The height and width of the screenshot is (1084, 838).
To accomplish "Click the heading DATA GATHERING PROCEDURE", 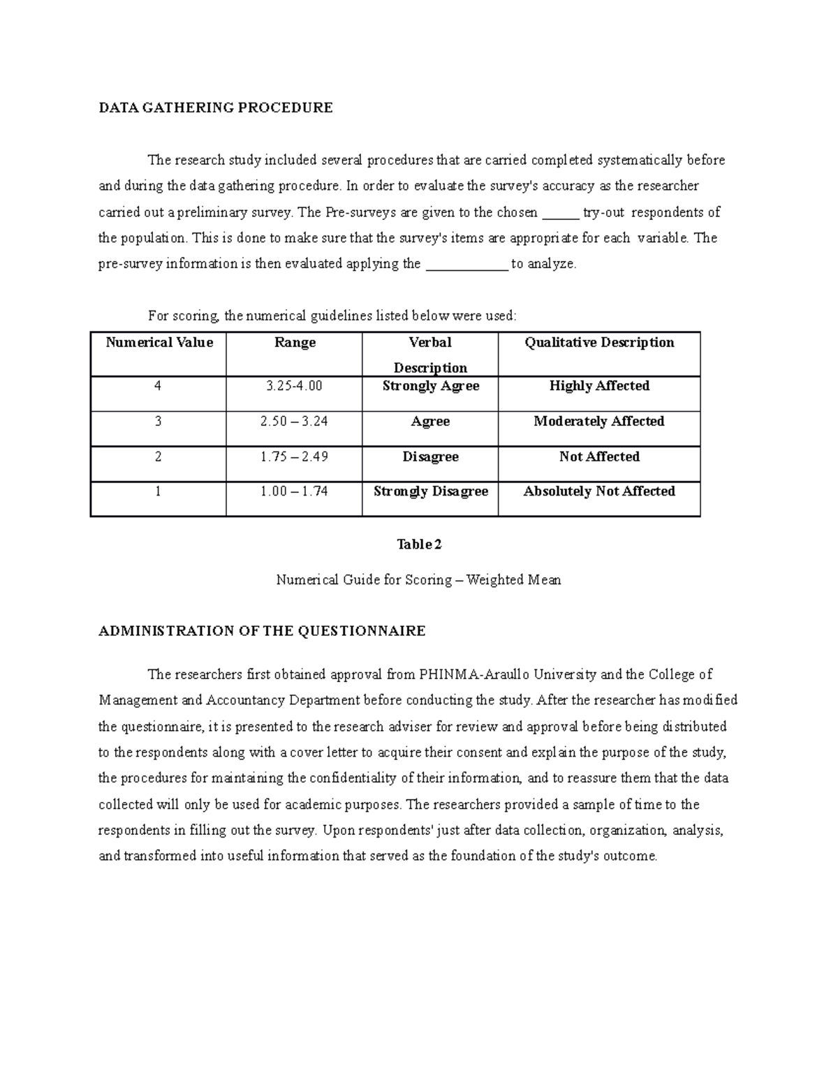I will point(215,107).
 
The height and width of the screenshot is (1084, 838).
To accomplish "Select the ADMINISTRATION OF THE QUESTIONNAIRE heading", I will point(262,631).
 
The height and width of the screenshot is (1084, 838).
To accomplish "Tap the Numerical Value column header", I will point(159,343).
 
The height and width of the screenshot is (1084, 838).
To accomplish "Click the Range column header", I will point(295,343).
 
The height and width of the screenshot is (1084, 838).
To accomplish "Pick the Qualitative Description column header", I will point(599,343).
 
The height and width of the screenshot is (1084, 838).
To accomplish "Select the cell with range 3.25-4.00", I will point(295,386).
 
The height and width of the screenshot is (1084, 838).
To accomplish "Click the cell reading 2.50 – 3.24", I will point(295,422).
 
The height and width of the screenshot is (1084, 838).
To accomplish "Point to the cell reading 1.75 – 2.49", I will point(295,457).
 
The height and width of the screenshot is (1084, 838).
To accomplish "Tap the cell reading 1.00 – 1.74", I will point(295,491).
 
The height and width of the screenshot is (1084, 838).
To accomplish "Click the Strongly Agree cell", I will point(430,386).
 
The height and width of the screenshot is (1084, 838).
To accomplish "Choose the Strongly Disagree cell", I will point(430,491).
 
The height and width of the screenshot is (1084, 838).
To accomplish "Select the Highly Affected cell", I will point(599,386).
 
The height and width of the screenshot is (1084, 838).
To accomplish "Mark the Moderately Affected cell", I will point(599,422).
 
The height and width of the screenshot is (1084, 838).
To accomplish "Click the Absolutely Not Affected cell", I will point(599,491).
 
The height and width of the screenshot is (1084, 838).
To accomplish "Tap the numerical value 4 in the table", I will point(158,386).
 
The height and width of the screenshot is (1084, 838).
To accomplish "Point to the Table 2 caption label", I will point(419,544).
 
